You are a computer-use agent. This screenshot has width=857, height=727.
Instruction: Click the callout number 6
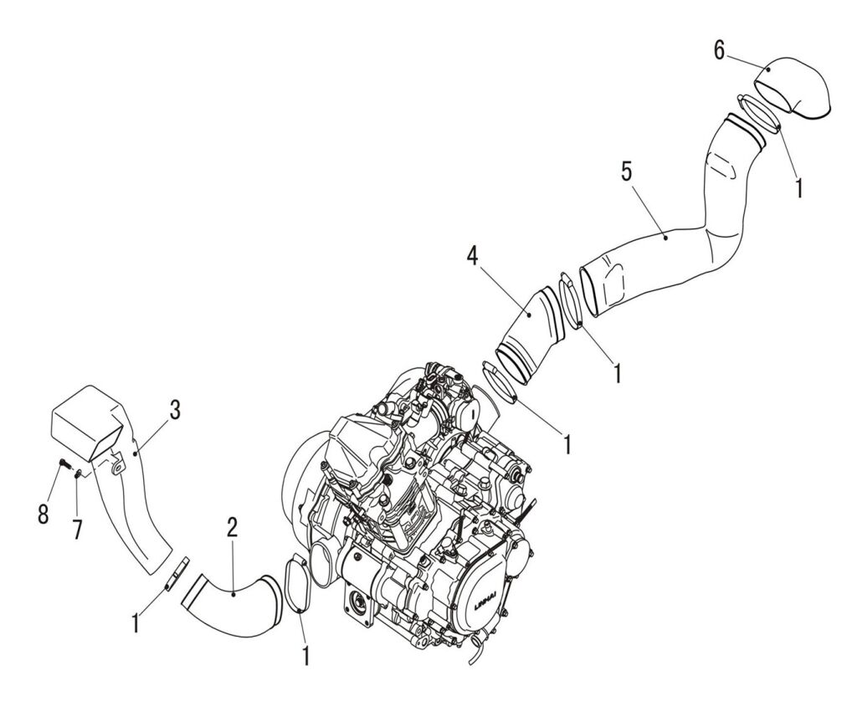[720, 50]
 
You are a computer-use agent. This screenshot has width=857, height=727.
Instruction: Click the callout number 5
[627, 172]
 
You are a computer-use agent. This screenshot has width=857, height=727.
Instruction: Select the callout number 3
[175, 410]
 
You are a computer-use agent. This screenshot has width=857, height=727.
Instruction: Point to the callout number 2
[233, 526]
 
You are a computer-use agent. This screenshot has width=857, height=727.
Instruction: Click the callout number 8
[43, 513]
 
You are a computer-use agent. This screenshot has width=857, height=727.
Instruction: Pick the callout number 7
[77, 530]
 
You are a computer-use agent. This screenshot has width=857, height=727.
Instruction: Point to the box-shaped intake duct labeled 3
[92, 427]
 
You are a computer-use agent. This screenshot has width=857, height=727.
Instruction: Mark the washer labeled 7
[78, 474]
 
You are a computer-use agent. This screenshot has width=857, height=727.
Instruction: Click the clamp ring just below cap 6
[760, 115]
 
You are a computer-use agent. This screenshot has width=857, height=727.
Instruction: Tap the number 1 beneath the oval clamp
[305, 655]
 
